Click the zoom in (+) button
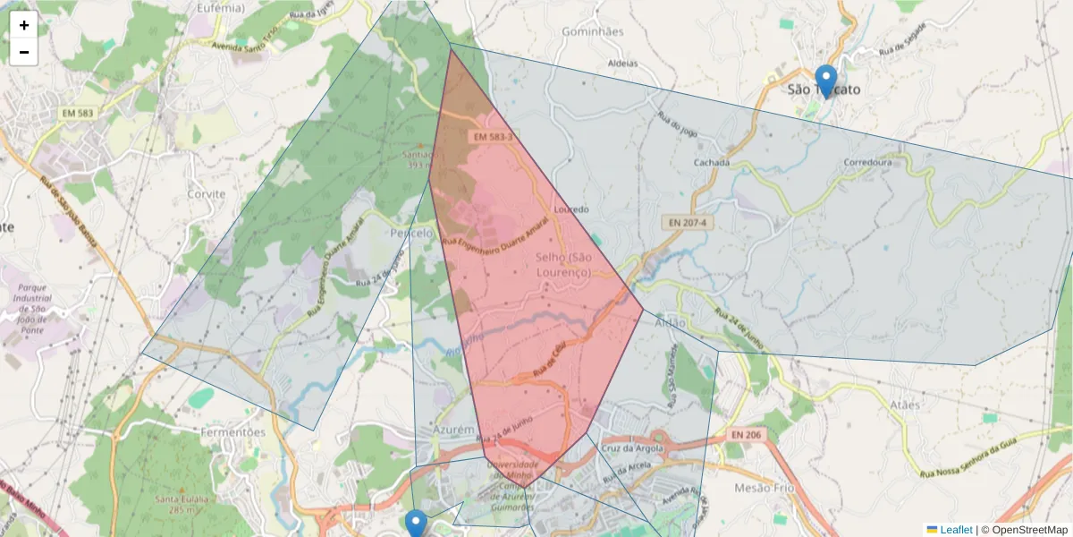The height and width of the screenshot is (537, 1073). pos(24,25)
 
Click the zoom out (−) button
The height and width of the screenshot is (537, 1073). pos(24,52)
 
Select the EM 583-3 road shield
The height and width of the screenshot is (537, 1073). pos(493,137)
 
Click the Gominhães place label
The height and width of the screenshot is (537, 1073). pos(592,31)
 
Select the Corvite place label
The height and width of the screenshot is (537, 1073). pos(207,193)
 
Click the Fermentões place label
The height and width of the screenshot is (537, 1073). pos(234,432)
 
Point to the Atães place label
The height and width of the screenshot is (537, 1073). pos(905,405)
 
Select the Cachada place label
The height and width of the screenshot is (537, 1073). pos(712,163)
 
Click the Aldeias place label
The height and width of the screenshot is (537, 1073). pos(622,64)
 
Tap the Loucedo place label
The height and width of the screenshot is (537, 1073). pos(572,209)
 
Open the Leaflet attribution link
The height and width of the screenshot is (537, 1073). pos(956,530)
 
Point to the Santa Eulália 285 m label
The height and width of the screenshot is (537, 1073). pos(181,504)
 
